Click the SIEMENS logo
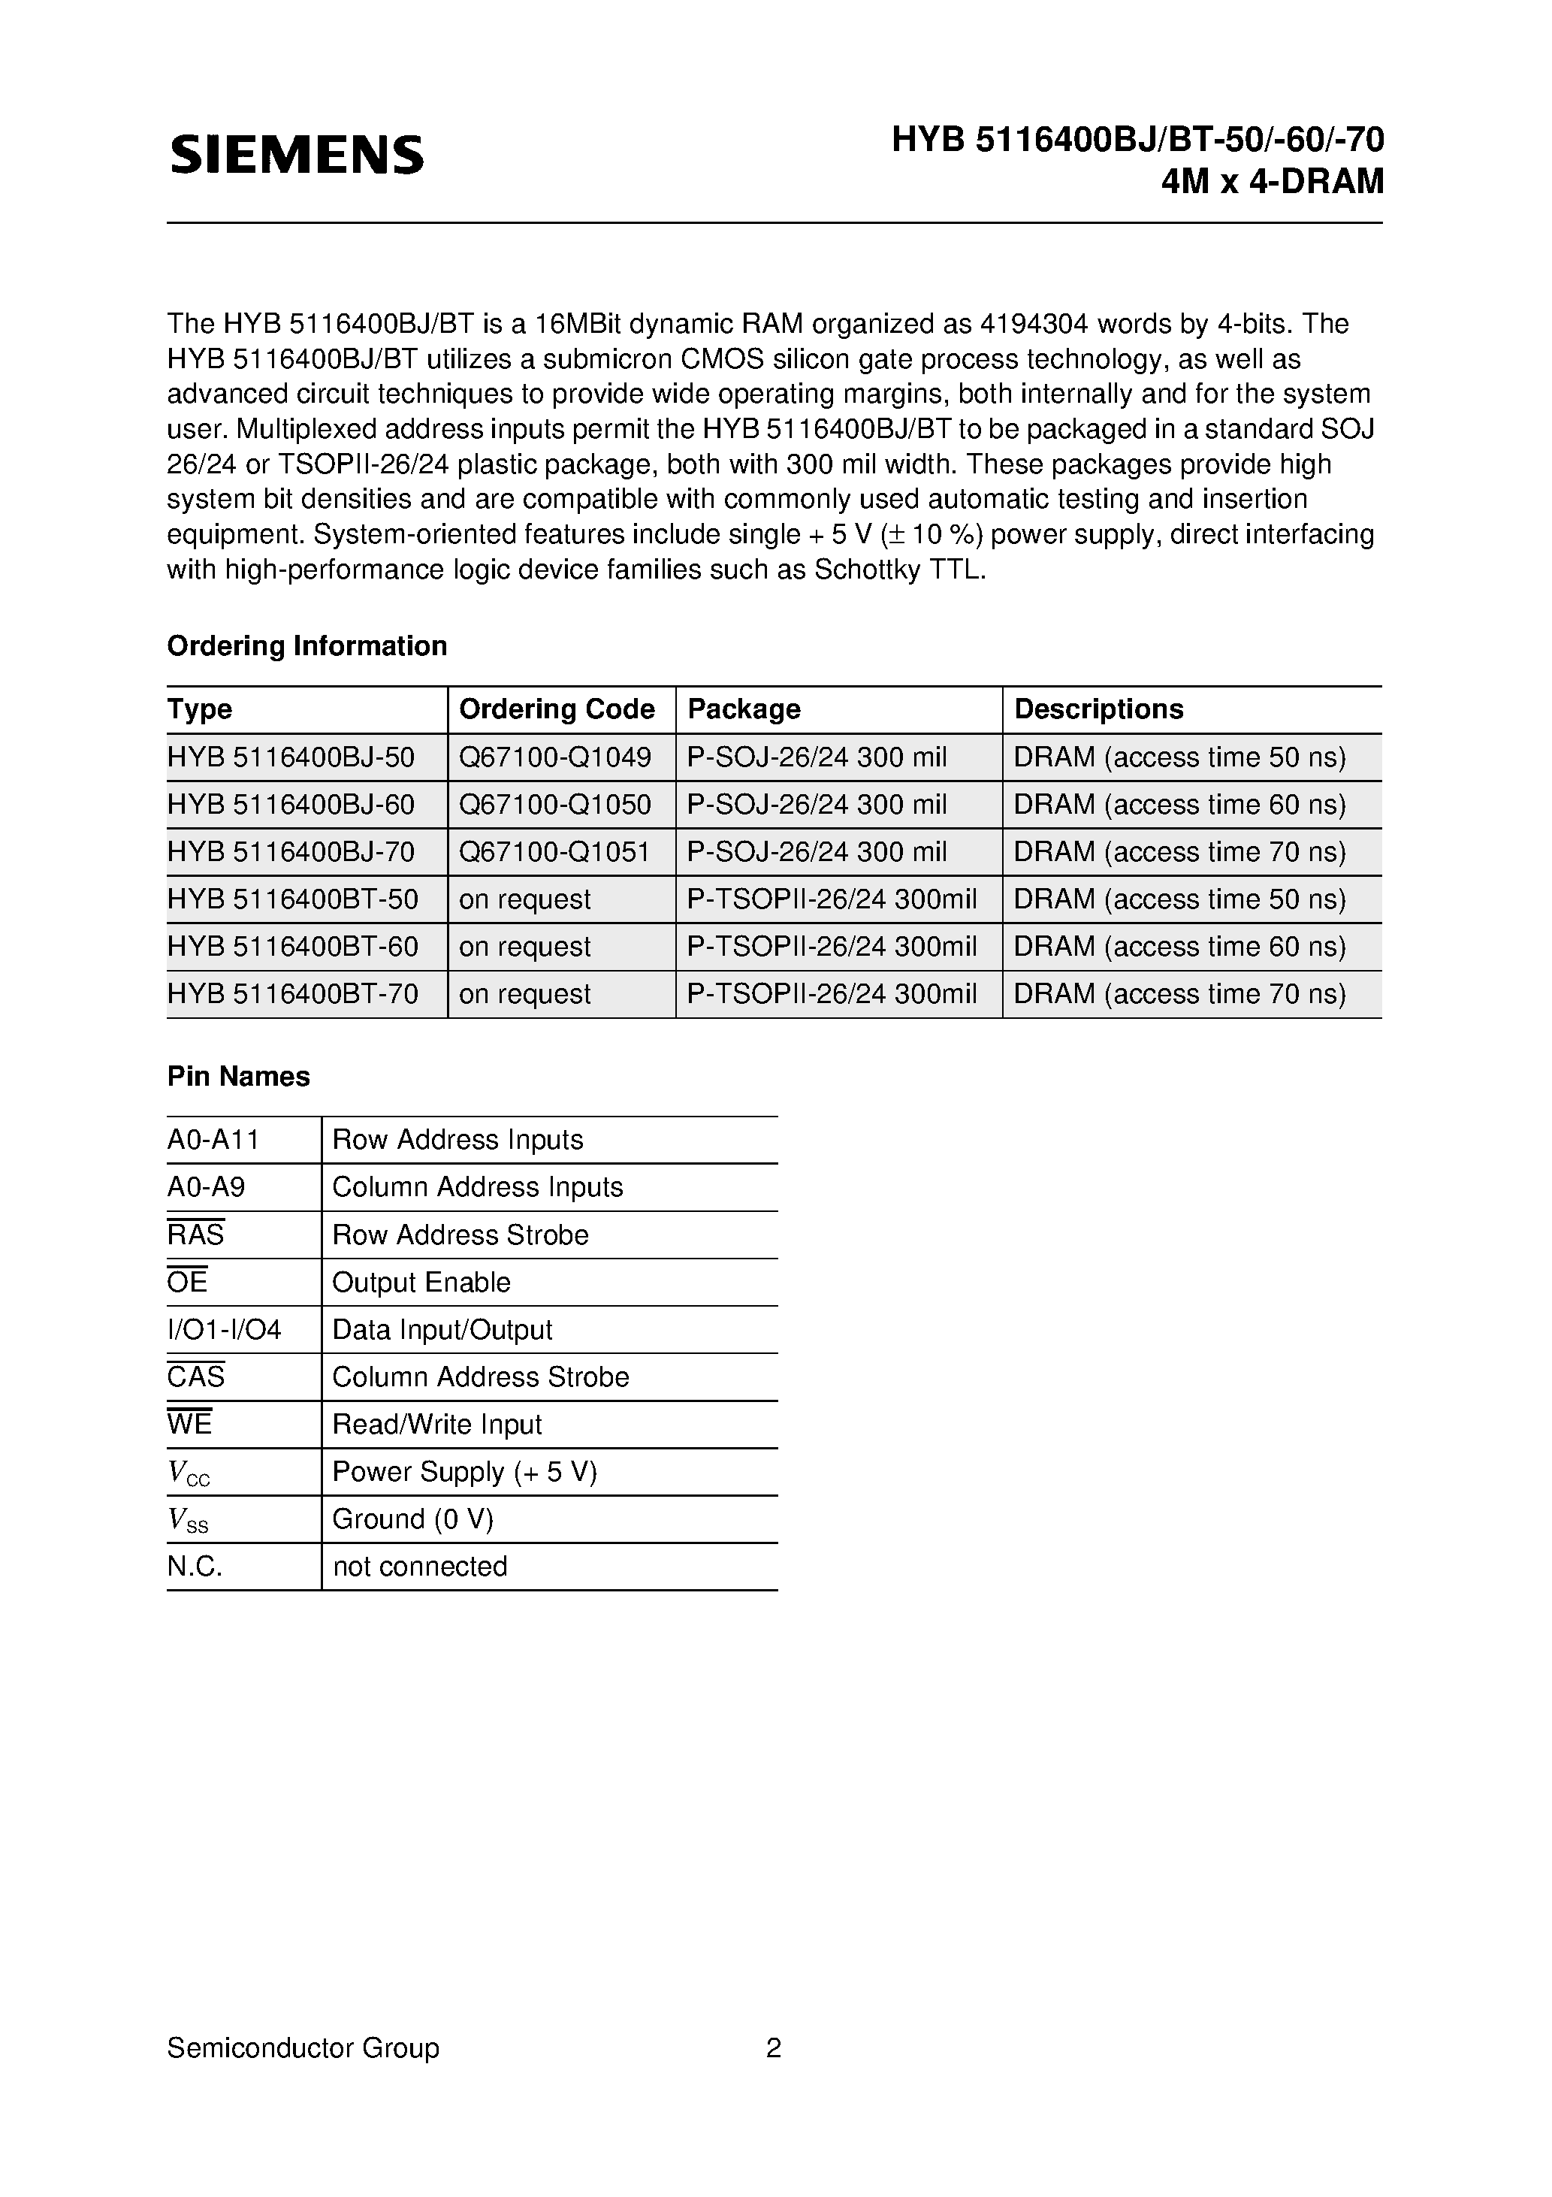point(297,154)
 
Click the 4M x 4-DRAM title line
point(1272,181)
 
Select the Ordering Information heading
point(307,646)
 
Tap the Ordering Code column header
point(557,709)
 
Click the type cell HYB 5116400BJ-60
point(291,805)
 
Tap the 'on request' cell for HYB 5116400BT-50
point(524,899)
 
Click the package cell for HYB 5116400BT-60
point(832,947)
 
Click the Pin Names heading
point(238,1077)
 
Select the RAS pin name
point(195,1234)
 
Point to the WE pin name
point(189,1424)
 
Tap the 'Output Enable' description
point(421,1283)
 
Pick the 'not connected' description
point(419,1567)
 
